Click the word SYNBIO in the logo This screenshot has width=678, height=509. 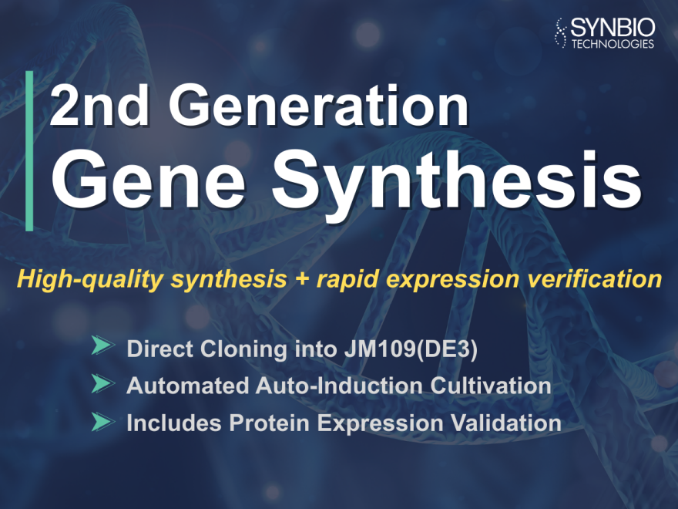[613, 28]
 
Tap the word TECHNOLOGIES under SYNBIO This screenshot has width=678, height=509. [613, 44]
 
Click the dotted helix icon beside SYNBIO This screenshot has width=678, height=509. [561, 33]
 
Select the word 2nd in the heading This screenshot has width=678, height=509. [100, 105]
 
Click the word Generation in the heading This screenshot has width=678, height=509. [319, 105]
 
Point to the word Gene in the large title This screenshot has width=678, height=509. [148, 180]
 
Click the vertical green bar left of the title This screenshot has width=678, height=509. [29, 150]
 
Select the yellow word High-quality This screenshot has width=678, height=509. [89, 280]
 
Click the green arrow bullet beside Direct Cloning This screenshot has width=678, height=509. [103, 346]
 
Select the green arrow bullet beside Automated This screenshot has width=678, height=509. [103, 383]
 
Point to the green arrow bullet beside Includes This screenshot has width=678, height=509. [103, 422]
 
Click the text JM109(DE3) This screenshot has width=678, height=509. [411, 349]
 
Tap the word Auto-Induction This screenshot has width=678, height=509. [339, 386]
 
